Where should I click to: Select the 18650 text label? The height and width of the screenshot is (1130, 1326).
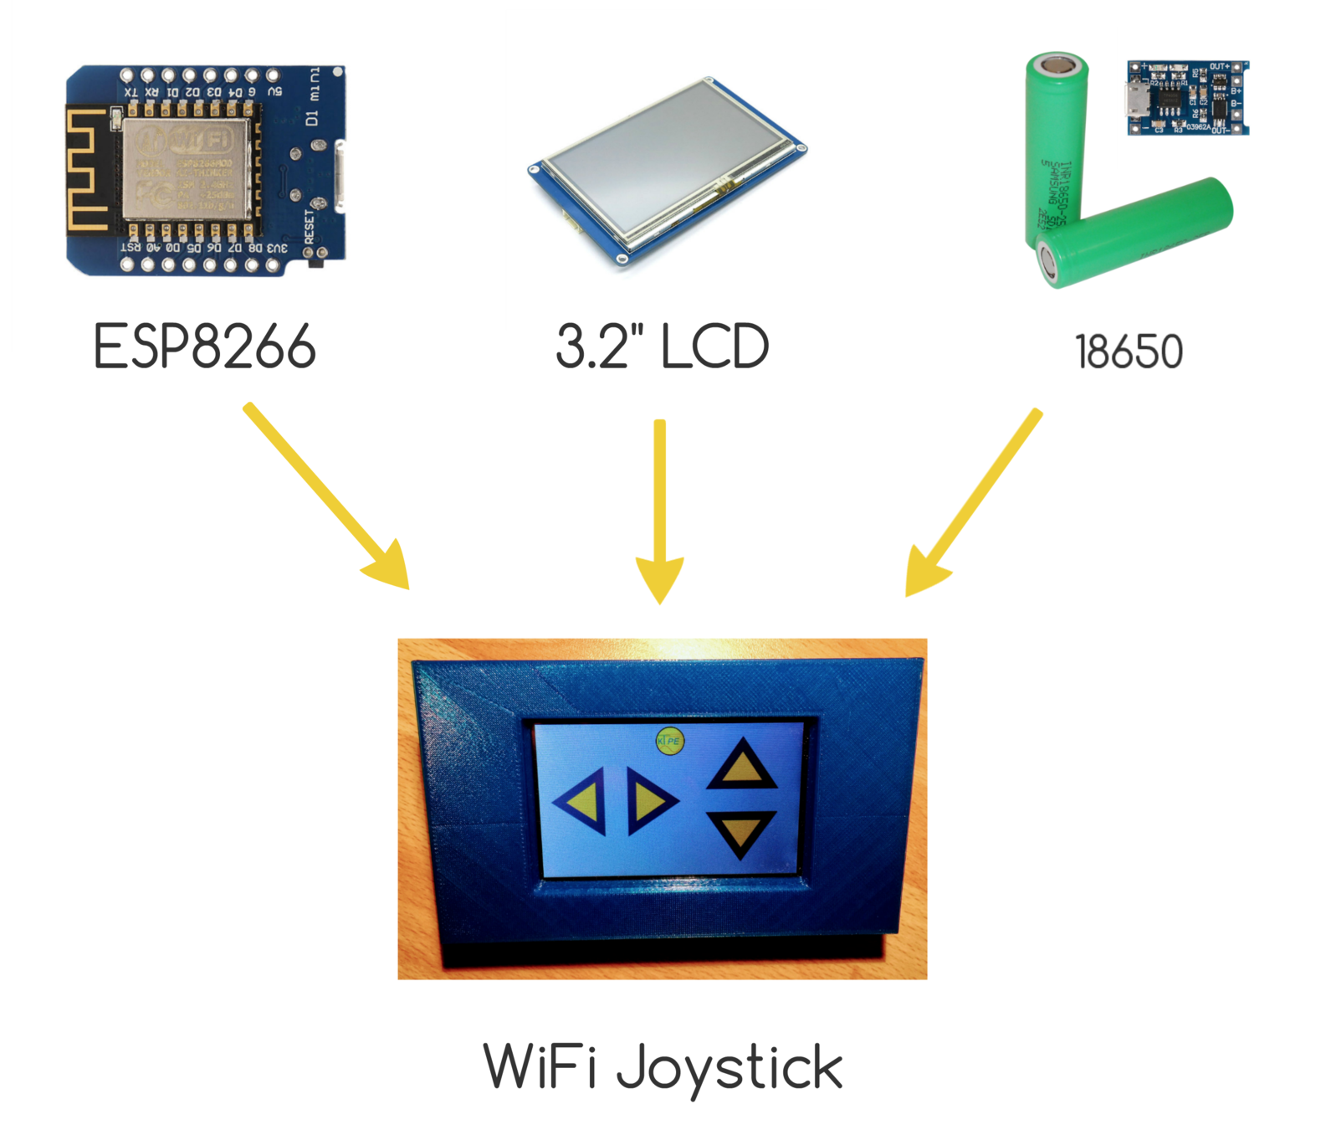(1129, 352)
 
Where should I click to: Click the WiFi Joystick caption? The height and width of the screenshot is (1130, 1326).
(663, 1067)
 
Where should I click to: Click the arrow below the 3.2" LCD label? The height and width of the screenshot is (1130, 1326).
(660, 511)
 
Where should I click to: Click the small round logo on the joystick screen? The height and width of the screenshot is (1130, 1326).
(669, 741)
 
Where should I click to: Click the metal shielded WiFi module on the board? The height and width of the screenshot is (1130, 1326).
(186, 170)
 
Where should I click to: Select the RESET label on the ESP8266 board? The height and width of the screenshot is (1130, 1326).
(310, 227)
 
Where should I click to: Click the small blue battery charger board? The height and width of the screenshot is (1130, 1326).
(1188, 97)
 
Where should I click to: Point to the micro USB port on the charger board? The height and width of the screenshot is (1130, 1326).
(1137, 100)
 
